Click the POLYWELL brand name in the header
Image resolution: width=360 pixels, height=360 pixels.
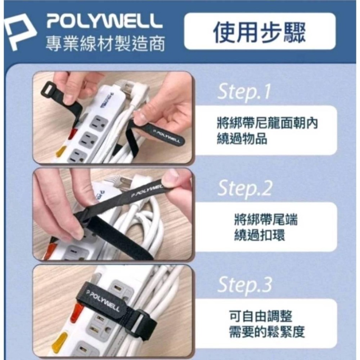[104, 23]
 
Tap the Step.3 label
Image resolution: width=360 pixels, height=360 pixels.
[244, 285]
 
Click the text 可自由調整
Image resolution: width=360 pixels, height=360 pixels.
[261, 317]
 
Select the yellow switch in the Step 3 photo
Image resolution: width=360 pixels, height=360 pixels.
[60, 342]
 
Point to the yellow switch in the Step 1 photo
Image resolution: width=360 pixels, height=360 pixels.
[61, 151]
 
